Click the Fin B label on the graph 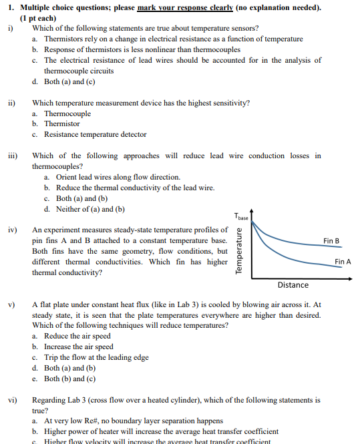pyautogui.click(x=331, y=240)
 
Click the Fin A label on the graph pyautogui.click(x=342, y=262)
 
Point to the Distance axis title pyautogui.click(x=293, y=285)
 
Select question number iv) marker pyautogui.click(x=12, y=230)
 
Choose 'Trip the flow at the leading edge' pyautogui.click(x=96, y=357)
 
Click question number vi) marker pyautogui.click(x=12, y=400)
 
